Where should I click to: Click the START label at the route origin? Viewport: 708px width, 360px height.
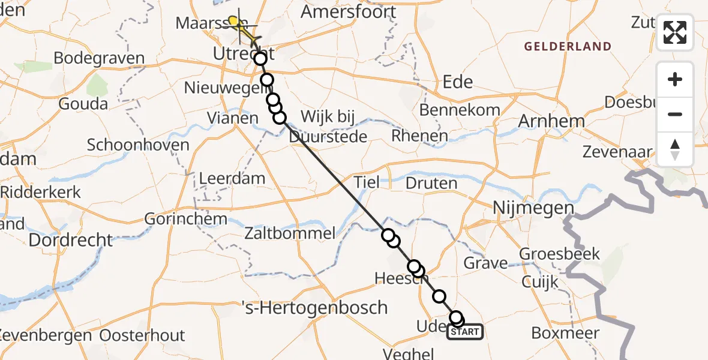coord(465,332)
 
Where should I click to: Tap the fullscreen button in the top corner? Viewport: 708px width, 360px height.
coord(675,32)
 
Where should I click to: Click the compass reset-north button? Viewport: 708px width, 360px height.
coord(675,149)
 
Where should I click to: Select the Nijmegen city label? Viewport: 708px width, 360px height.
coord(533,208)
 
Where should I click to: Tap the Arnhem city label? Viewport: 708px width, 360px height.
coord(551,121)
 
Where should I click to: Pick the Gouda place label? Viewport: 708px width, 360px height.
coord(83,104)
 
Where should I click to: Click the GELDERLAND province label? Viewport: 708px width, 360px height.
coord(568,46)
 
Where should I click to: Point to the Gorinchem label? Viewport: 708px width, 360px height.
coord(186,218)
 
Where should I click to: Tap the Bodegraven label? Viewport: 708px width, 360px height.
coord(99,58)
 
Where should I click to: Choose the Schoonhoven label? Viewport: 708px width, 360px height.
coord(138,145)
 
